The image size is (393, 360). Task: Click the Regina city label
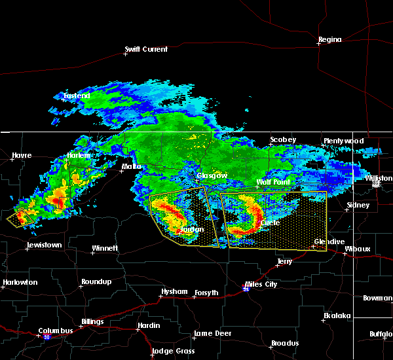tap(329, 40)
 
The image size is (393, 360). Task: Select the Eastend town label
tap(76, 96)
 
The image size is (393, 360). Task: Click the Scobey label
tap(283, 140)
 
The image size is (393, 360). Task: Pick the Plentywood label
tap(343, 141)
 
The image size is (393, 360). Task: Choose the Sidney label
tap(358, 205)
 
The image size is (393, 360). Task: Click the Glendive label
tap(329, 242)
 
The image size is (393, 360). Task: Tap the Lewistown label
tap(44, 245)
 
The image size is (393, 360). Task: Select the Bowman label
tap(377, 298)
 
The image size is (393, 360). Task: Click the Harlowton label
tap(20, 283)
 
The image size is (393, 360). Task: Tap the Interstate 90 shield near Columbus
tap(47, 337)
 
